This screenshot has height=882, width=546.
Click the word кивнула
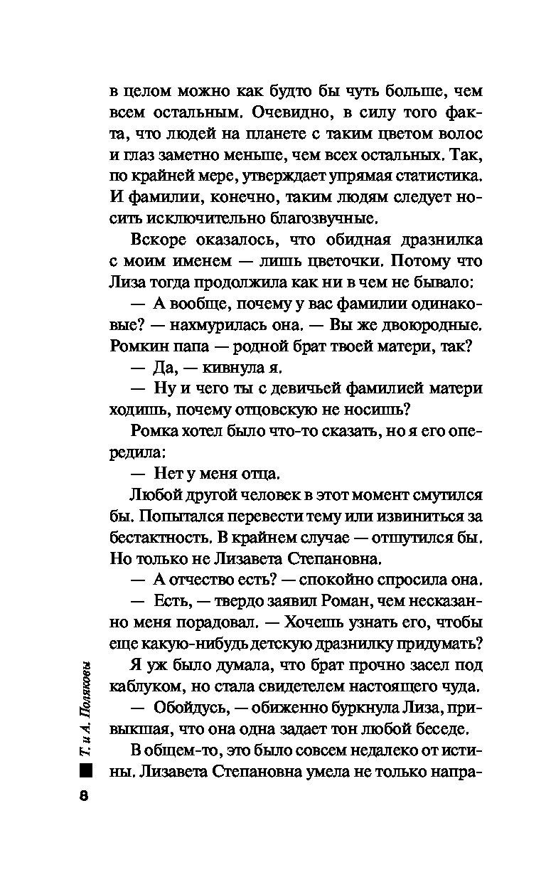(233, 368)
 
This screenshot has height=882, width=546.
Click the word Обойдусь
(181, 708)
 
